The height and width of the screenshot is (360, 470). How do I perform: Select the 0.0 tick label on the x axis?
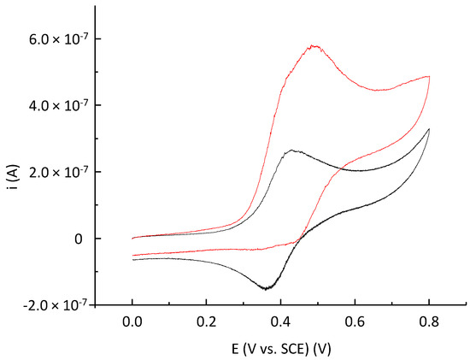(x=132, y=323)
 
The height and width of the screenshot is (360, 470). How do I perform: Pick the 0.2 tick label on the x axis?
(x=207, y=323)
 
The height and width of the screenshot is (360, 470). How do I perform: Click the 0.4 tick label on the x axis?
(x=280, y=323)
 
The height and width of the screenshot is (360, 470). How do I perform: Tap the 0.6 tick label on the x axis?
(x=355, y=323)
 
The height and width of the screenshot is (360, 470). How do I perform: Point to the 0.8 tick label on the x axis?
(x=428, y=323)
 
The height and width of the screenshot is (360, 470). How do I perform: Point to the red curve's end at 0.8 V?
(x=429, y=76)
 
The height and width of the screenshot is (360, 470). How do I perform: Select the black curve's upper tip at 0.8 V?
(x=429, y=129)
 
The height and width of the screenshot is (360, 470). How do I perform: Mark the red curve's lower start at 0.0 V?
(x=132, y=256)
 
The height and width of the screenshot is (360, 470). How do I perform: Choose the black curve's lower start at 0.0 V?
(x=132, y=259)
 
